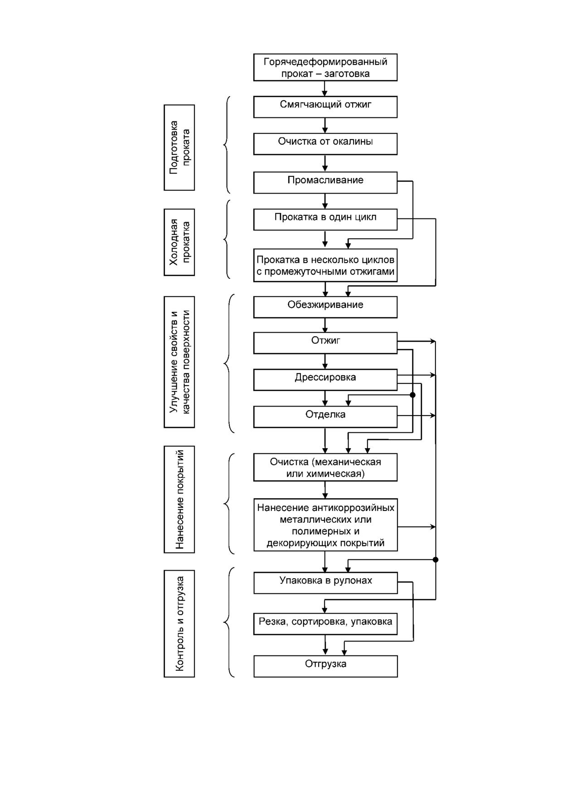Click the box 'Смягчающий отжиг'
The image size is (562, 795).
pyautogui.click(x=325, y=107)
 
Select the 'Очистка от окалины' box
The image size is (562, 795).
pyautogui.click(x=325, y=144)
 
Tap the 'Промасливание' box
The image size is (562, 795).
pyautogui.click(x=325, y=183)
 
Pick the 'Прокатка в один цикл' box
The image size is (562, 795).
pyautogui.click(x=325, y=219)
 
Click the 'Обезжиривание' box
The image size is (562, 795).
pyautogui.click(x=325, y=307)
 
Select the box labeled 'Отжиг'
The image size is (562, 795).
pyautogui.click(x=325, y=343)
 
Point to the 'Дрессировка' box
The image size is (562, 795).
pyautogui.click(x=325, y=380)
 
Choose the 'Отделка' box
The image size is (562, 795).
pyautogui.click(x=325, y=417)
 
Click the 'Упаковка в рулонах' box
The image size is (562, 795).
pyautogui.click(x=325, y=583)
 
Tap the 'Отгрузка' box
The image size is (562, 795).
pyautogui.click(x=325, y=666)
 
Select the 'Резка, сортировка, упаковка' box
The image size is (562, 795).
pyautogui.click(x=325, y=624)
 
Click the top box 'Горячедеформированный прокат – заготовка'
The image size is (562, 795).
pyautogui.click(x=325, y=68)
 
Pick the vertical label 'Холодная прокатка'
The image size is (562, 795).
pyautogui.click(x=179, y=242)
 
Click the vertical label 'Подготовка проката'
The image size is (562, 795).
pyautogui.click(x=179, y=148)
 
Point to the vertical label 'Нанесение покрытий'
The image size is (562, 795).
pyautogui.click(x=179, y=499)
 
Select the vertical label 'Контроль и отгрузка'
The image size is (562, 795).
pyautogui.click(x=179, y=624)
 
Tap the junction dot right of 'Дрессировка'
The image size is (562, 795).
pyautogui.click(x=412, y=395)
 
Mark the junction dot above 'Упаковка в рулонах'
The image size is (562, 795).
pyautogui.click(x=436, y=560)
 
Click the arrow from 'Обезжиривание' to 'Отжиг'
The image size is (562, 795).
pyautogui.click(x=325, y=325)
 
